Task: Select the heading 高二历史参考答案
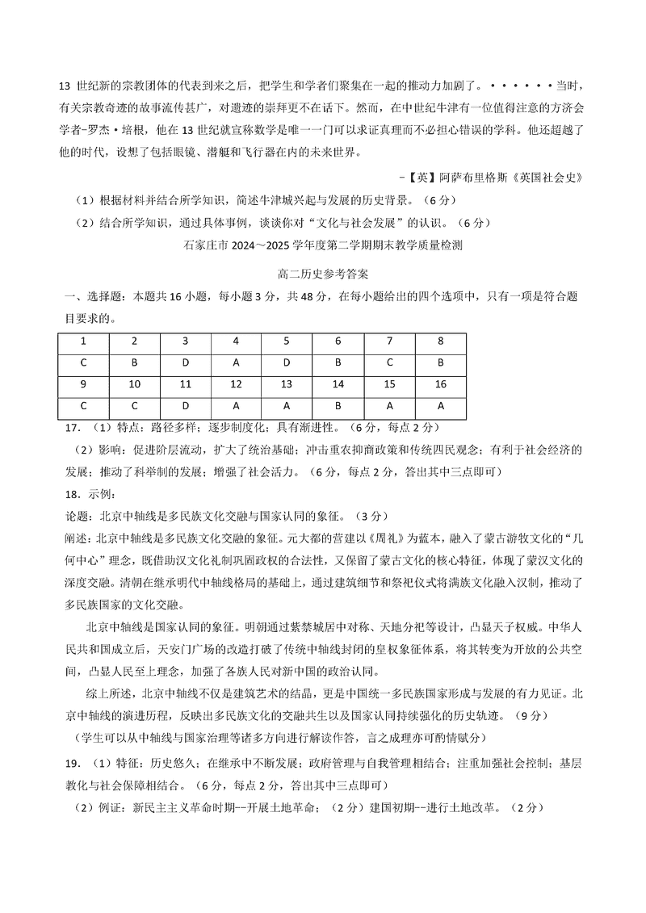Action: tap(322, 274)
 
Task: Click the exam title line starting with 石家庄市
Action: tap(322, 244)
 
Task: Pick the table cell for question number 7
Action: tap(389, 341)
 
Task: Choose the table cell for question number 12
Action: tap(237, 383)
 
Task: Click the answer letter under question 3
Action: tap(186, 362)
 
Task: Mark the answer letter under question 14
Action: tap(338, 405)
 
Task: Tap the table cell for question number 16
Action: tap(440, 383)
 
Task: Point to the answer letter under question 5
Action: tap(287, 362)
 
